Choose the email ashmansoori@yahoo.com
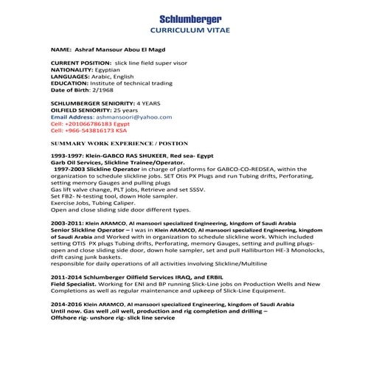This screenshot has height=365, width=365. [133, 117]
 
